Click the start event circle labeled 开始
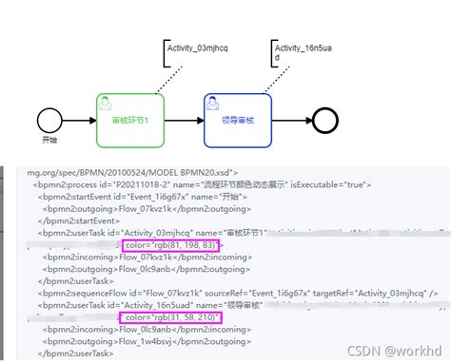tap(49, 120)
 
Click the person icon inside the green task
tap(106, 102)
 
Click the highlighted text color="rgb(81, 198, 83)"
tap(170, 245)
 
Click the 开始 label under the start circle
tap(49, 142)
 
